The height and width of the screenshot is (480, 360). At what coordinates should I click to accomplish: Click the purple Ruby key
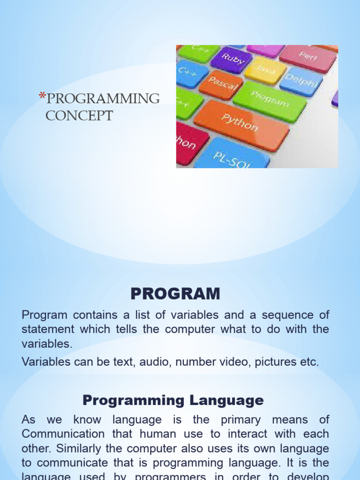coord(231,60)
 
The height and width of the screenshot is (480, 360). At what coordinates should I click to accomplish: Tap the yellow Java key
coord(265,70)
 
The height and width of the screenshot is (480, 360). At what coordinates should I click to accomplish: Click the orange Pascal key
coord(221,85)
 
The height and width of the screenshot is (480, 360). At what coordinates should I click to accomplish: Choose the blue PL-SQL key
coord(232,155)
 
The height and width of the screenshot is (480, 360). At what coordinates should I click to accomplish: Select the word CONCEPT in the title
coord(79,115)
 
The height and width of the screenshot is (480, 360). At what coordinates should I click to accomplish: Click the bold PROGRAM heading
coord(175,294)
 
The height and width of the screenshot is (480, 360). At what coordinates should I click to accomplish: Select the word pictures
coord(275,361)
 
